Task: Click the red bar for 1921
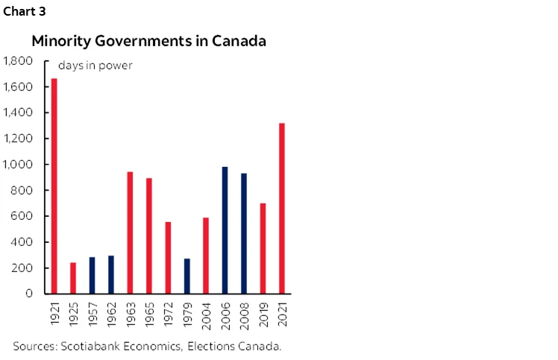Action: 54,186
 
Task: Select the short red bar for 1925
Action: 73,278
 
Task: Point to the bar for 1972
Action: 168,257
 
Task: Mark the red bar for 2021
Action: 281,208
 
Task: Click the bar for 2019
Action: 263,248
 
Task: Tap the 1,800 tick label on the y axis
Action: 19,61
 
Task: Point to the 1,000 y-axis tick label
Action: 19,165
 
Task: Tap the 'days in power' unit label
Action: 95,66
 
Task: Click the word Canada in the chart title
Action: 240,41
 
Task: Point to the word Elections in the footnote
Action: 213,346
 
